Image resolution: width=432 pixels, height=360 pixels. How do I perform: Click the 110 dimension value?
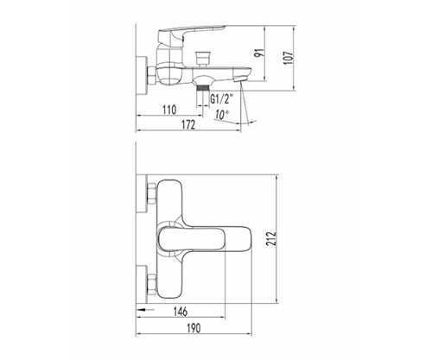(x=169, y=110)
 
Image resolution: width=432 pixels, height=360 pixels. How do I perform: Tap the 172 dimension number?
(x=188, y=125)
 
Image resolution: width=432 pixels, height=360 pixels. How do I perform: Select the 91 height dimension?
(x=260, y=53)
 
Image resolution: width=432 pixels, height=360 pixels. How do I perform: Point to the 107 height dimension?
(x=289, y=58)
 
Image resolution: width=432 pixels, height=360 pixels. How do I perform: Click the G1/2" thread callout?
(x=221, y=99)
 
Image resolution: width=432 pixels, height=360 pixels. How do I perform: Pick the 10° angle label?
(x=221, y=115)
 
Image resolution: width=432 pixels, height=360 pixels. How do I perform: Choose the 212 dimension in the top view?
(x=271, y=237)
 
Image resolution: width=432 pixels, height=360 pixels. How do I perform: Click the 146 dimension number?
(x=181, y=312)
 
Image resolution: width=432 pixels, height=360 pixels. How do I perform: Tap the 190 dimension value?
(x=194, y=328)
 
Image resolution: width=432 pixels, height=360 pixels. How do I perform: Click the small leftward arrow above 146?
(x=146, y=309)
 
